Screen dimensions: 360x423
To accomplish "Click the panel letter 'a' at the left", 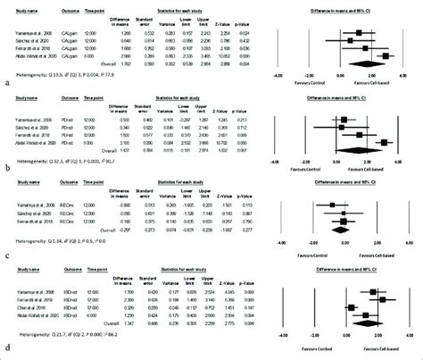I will tap(8, 81).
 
